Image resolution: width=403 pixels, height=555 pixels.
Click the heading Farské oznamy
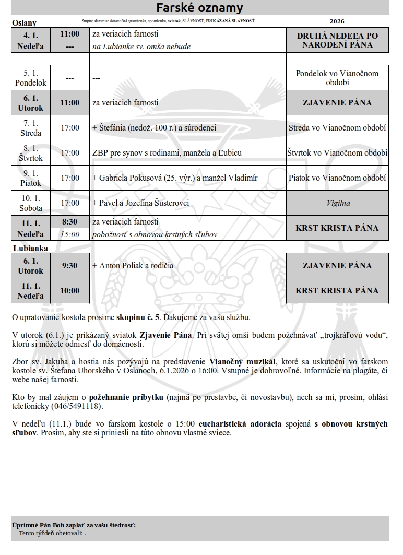pyautogui.click(x=200, y=8)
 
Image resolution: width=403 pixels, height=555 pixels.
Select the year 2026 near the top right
pyautogui.click(x=337, y=22)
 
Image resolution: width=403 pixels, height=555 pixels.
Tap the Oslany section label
pyautogui.click(x=24, y=23)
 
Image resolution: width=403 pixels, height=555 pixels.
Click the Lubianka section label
pyautogui.click(x=30, y=249)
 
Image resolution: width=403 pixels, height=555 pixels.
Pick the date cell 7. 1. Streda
pyautogui.click(x=30, y=128)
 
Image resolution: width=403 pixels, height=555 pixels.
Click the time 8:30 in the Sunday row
pyautogui.click(x=69, y=222)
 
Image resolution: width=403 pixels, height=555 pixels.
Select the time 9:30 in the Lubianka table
pyautogui.click(x=69, y=266)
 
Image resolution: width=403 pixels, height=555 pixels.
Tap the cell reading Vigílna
pyautogui.click(x=337, y=203)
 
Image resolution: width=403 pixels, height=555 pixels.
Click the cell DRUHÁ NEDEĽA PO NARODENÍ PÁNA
pyautogui.click(x=337, y=40)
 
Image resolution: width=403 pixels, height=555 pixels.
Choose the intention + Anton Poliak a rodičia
pyautogui.click(x=133, y=266)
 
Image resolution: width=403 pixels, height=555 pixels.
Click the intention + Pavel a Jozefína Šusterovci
pyautogui.click(x=140, y=203)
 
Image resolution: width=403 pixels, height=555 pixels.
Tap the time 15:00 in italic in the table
pyautogui.click(x=69, y=234)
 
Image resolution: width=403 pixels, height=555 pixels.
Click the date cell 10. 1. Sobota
pyautogui.click(x=30, y=203)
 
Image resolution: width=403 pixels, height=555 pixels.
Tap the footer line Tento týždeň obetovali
pyautogui.click(x=52, y=533)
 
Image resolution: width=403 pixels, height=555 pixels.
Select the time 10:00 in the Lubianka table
pyautogui.click(x=69, y=291)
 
